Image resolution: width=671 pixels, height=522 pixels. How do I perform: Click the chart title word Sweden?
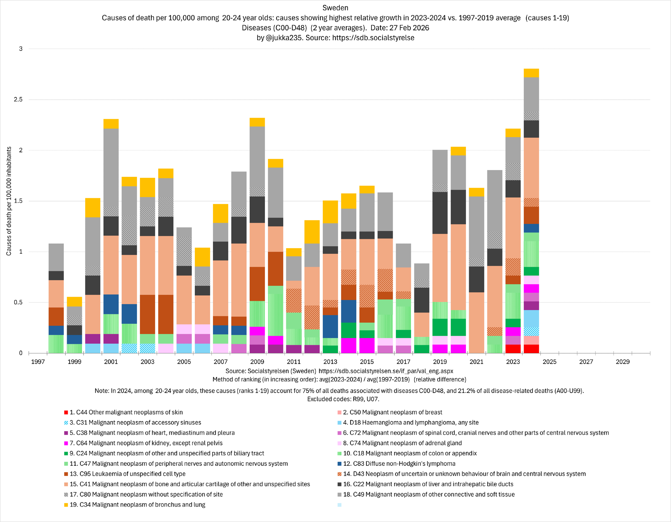335,8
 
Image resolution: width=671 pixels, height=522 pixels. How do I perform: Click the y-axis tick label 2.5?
18,100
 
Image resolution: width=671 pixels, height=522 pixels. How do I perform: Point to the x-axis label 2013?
330,362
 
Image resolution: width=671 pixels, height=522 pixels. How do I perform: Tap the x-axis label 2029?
622,362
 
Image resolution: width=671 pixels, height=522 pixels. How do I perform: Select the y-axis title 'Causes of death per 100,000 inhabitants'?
9,201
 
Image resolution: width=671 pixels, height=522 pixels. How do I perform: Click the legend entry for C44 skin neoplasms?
126,412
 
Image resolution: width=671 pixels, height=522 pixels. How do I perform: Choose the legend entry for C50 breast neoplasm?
392,412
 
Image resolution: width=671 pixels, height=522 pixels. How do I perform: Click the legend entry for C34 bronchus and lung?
137,505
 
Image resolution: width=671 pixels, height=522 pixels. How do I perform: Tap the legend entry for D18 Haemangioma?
411,423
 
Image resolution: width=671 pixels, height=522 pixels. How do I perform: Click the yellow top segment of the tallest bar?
531,73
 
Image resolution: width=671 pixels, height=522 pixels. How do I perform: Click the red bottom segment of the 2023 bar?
513,349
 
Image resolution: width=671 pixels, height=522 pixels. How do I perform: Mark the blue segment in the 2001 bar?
111,304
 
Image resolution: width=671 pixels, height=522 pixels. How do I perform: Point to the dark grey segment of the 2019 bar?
440,213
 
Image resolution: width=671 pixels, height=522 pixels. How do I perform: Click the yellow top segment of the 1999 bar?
74,302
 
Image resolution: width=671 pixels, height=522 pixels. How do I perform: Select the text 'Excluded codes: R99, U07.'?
343,399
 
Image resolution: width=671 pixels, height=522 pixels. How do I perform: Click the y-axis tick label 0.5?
18,302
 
